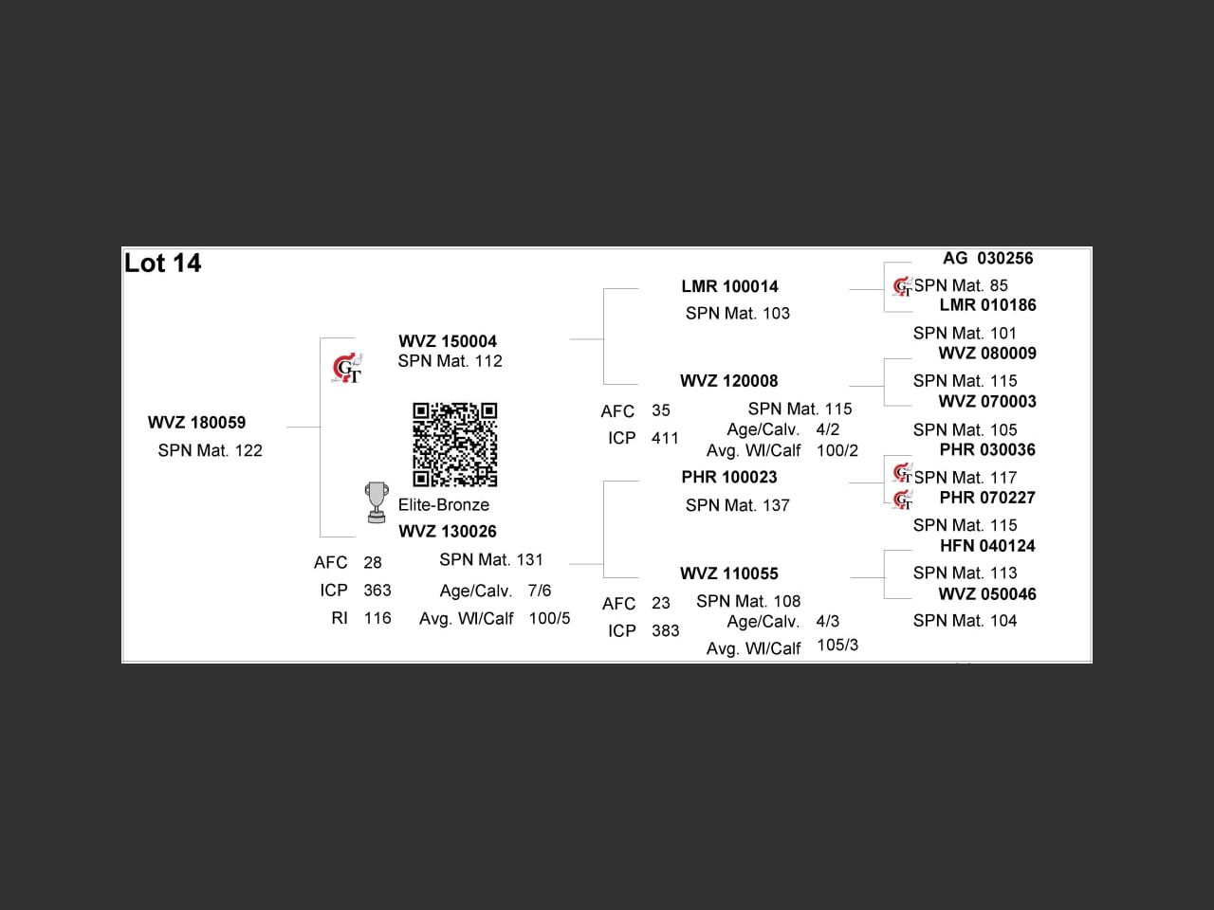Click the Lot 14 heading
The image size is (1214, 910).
click(163, 264)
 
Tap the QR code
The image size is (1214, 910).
click(454, 444)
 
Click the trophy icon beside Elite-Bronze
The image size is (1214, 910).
click(377, 502)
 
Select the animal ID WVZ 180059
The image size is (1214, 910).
click(196, 423)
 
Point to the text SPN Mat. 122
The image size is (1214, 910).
click(210, 450)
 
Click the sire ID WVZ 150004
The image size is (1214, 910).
click(448, 341)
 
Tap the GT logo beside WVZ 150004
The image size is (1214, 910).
click(347, 368)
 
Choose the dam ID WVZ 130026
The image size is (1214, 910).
click(448, 532)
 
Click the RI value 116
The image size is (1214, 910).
click(377, 618)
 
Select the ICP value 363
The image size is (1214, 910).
click(377, 591)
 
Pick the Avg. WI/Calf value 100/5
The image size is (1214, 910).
click(549, 618)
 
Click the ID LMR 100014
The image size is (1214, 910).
click(729, 286)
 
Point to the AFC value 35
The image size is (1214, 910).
click(660, 410)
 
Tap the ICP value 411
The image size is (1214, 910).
click(665, 438)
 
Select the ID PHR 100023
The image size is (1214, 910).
click(728, 477)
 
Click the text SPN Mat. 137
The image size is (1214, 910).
click(737, 505)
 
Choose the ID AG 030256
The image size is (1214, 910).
click(987, 258)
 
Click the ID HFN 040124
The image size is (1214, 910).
click(987, 546)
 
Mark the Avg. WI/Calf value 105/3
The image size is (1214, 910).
click(837, 645)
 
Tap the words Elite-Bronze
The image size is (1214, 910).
click(444, 504)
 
